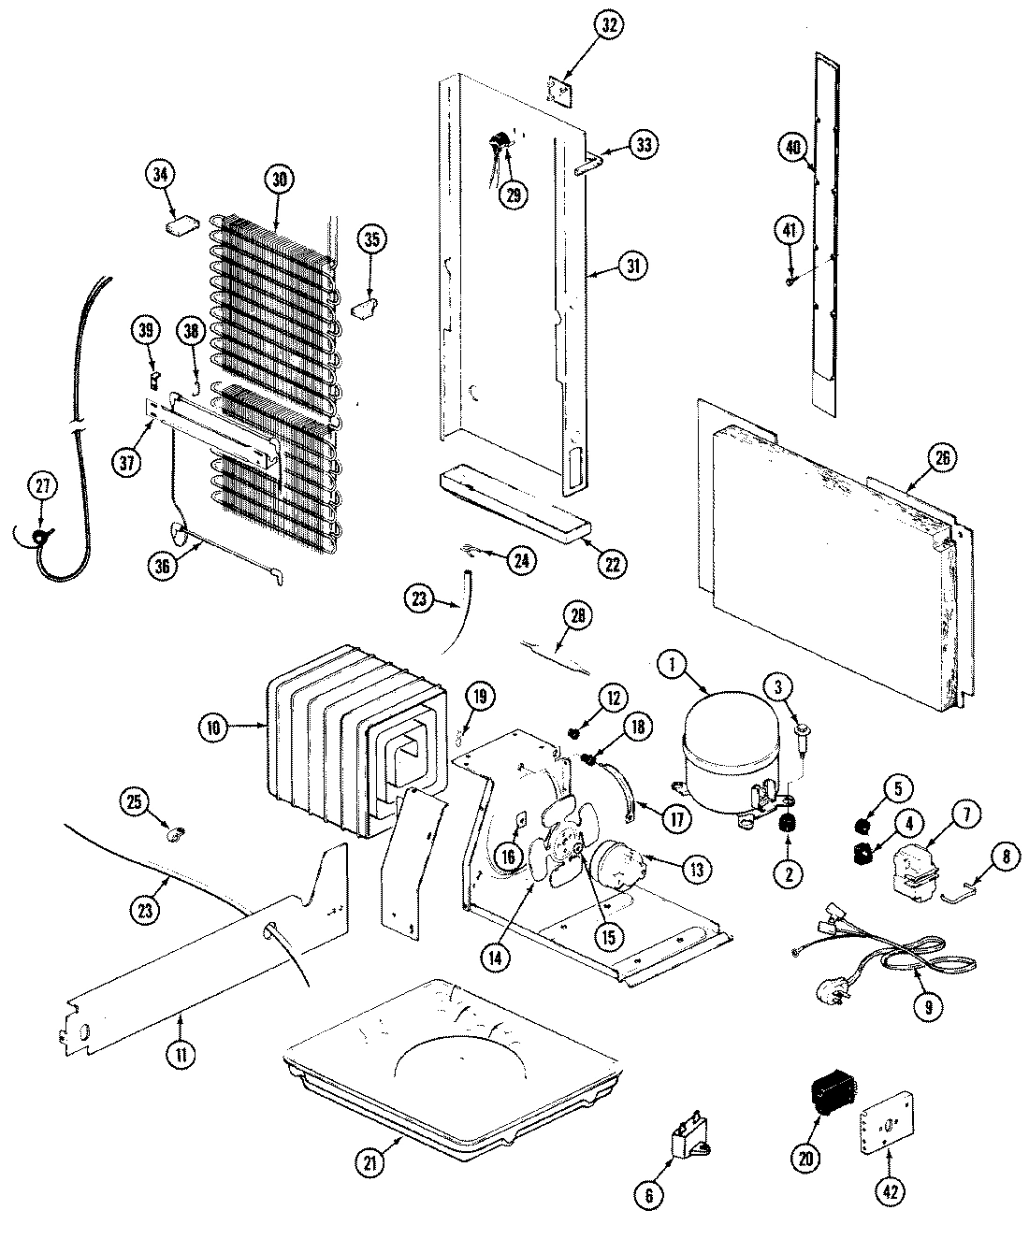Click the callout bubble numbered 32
pyautogui.click(x=610, y=27)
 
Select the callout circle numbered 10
pyautogui.click(x=214, y=727)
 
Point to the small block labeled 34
pyautogui.click(x=182, y=225)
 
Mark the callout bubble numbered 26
pyautogui.click(x=941, y=458)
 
